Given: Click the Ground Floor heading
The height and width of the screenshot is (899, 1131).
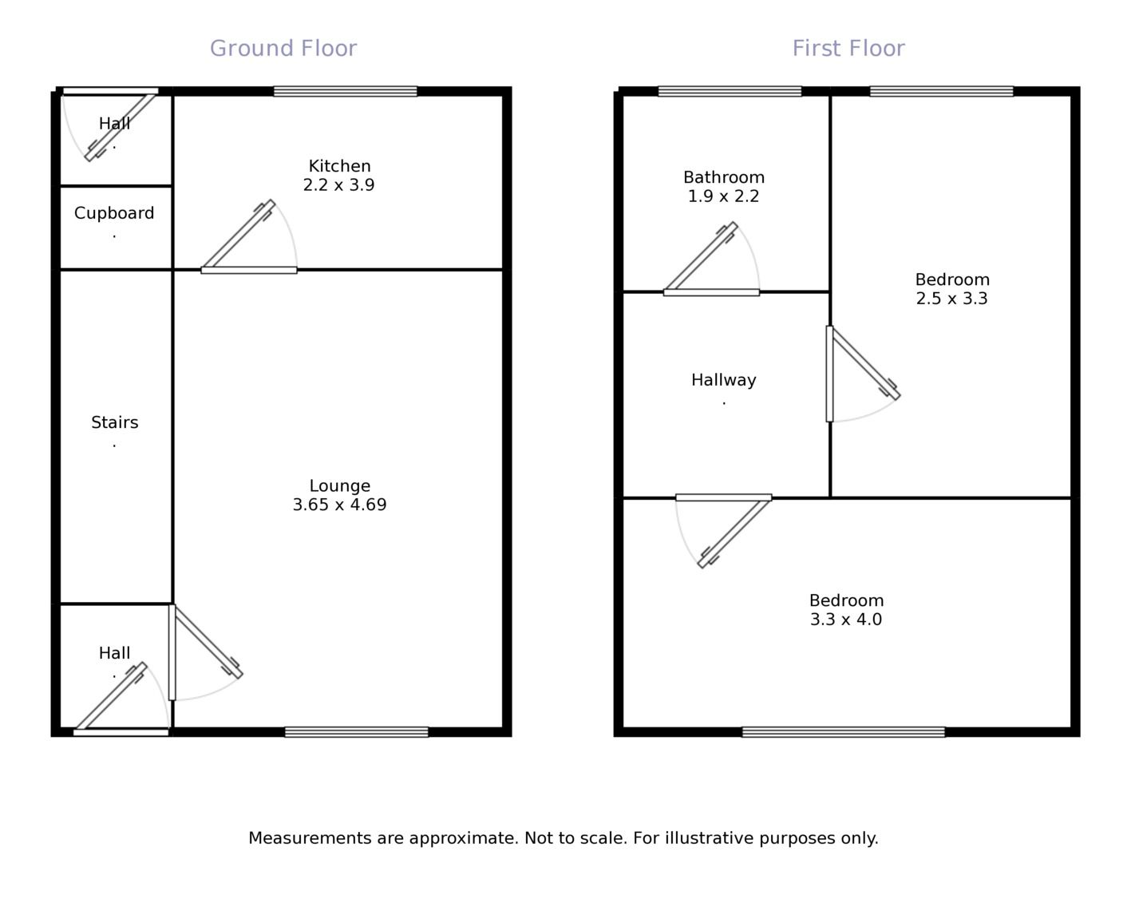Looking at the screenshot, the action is [283, 49].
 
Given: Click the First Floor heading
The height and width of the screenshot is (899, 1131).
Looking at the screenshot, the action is [848, 49].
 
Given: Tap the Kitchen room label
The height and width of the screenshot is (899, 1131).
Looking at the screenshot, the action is [339, 166].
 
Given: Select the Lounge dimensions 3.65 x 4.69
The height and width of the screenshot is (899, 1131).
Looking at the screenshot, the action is [339, 505].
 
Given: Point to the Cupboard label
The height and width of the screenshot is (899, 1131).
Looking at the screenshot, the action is [114, 213].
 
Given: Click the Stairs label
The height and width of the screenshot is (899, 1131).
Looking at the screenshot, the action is [114, 422].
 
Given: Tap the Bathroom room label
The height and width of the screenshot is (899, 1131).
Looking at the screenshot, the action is [723, 177].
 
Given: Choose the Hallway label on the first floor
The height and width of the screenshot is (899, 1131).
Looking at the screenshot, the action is [723, 380].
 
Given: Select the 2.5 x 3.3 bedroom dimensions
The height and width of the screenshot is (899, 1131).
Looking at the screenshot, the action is [951, 299].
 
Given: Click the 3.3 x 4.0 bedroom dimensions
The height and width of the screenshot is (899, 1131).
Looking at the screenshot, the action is [845, 620].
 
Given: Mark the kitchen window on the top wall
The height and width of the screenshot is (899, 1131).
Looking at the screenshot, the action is [345, 91].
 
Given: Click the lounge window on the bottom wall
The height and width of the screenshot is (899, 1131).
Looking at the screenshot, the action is [356, 731].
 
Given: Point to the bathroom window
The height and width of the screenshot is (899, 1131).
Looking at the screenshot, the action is [730, 91].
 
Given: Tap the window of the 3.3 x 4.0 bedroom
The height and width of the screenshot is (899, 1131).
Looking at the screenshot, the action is [843, 731].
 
